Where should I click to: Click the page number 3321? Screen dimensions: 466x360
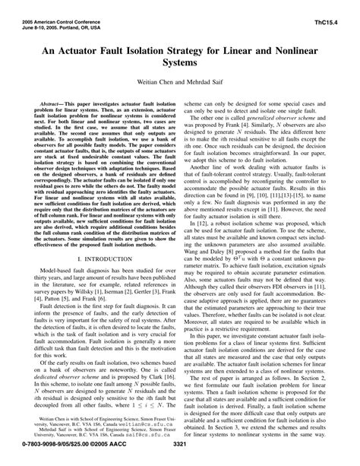click(180, 458)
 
